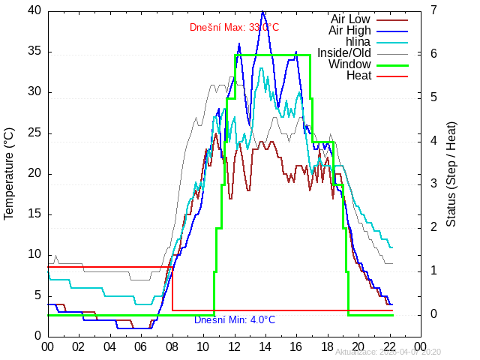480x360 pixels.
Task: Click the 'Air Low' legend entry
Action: [350, 19]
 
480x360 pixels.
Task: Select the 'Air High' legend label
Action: [349, 30]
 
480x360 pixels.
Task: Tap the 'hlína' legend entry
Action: [358, 41]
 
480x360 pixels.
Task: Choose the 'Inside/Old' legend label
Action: [344, 52]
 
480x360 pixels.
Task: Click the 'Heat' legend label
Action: [358, 75]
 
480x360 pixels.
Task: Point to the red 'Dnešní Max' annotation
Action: [234, 28]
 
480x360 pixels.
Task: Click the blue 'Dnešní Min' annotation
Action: [235, 320]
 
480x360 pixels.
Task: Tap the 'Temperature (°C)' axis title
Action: [9, 173]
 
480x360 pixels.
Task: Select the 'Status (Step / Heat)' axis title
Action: [451, 173]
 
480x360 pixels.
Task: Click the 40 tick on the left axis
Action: [34, 10]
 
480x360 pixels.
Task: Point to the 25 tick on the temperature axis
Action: [34, 133]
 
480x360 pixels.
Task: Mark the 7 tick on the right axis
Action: [434, 10]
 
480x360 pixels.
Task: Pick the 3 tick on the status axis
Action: [434, 184]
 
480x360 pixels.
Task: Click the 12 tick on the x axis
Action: [234, 346]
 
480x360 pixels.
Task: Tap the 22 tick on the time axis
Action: [390, 346]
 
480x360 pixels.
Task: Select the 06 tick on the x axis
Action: [140, 346]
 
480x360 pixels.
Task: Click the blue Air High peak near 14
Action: [262, 11]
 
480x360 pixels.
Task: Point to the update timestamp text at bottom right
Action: [388, 352]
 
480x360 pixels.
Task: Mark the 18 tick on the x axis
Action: [328, 346]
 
